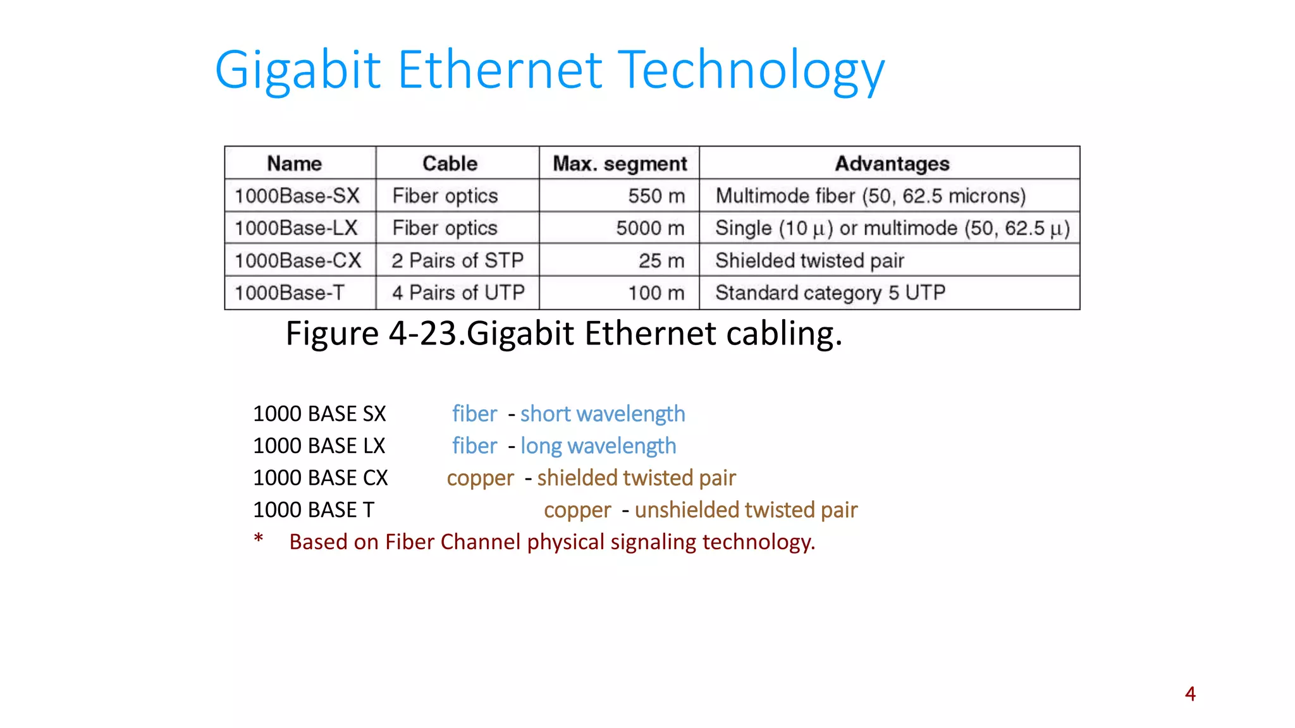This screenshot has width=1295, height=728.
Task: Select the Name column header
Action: [295, 164]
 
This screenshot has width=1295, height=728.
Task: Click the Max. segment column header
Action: [620, 164]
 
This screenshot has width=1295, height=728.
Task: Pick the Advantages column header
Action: [892, 164]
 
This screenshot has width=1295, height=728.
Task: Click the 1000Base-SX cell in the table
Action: [297, 196]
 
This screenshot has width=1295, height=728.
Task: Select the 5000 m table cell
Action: [650, 228]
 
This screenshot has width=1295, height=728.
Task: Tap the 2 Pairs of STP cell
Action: [457, 260]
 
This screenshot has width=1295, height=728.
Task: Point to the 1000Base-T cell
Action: [290, 293]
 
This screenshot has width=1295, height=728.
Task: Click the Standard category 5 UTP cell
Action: [830, 293]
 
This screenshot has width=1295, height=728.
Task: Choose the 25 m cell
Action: [661, 260]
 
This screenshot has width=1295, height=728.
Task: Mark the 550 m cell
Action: [656, 196]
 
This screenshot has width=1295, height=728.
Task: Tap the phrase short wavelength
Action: [603, 414]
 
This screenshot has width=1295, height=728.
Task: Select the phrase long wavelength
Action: [598, 446]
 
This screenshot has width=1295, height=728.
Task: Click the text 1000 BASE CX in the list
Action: [321, 478]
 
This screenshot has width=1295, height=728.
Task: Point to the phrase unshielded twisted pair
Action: [746, 510]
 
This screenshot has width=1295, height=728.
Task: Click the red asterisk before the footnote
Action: [259, 539]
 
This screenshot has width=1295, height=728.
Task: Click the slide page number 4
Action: [1190, 694]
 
